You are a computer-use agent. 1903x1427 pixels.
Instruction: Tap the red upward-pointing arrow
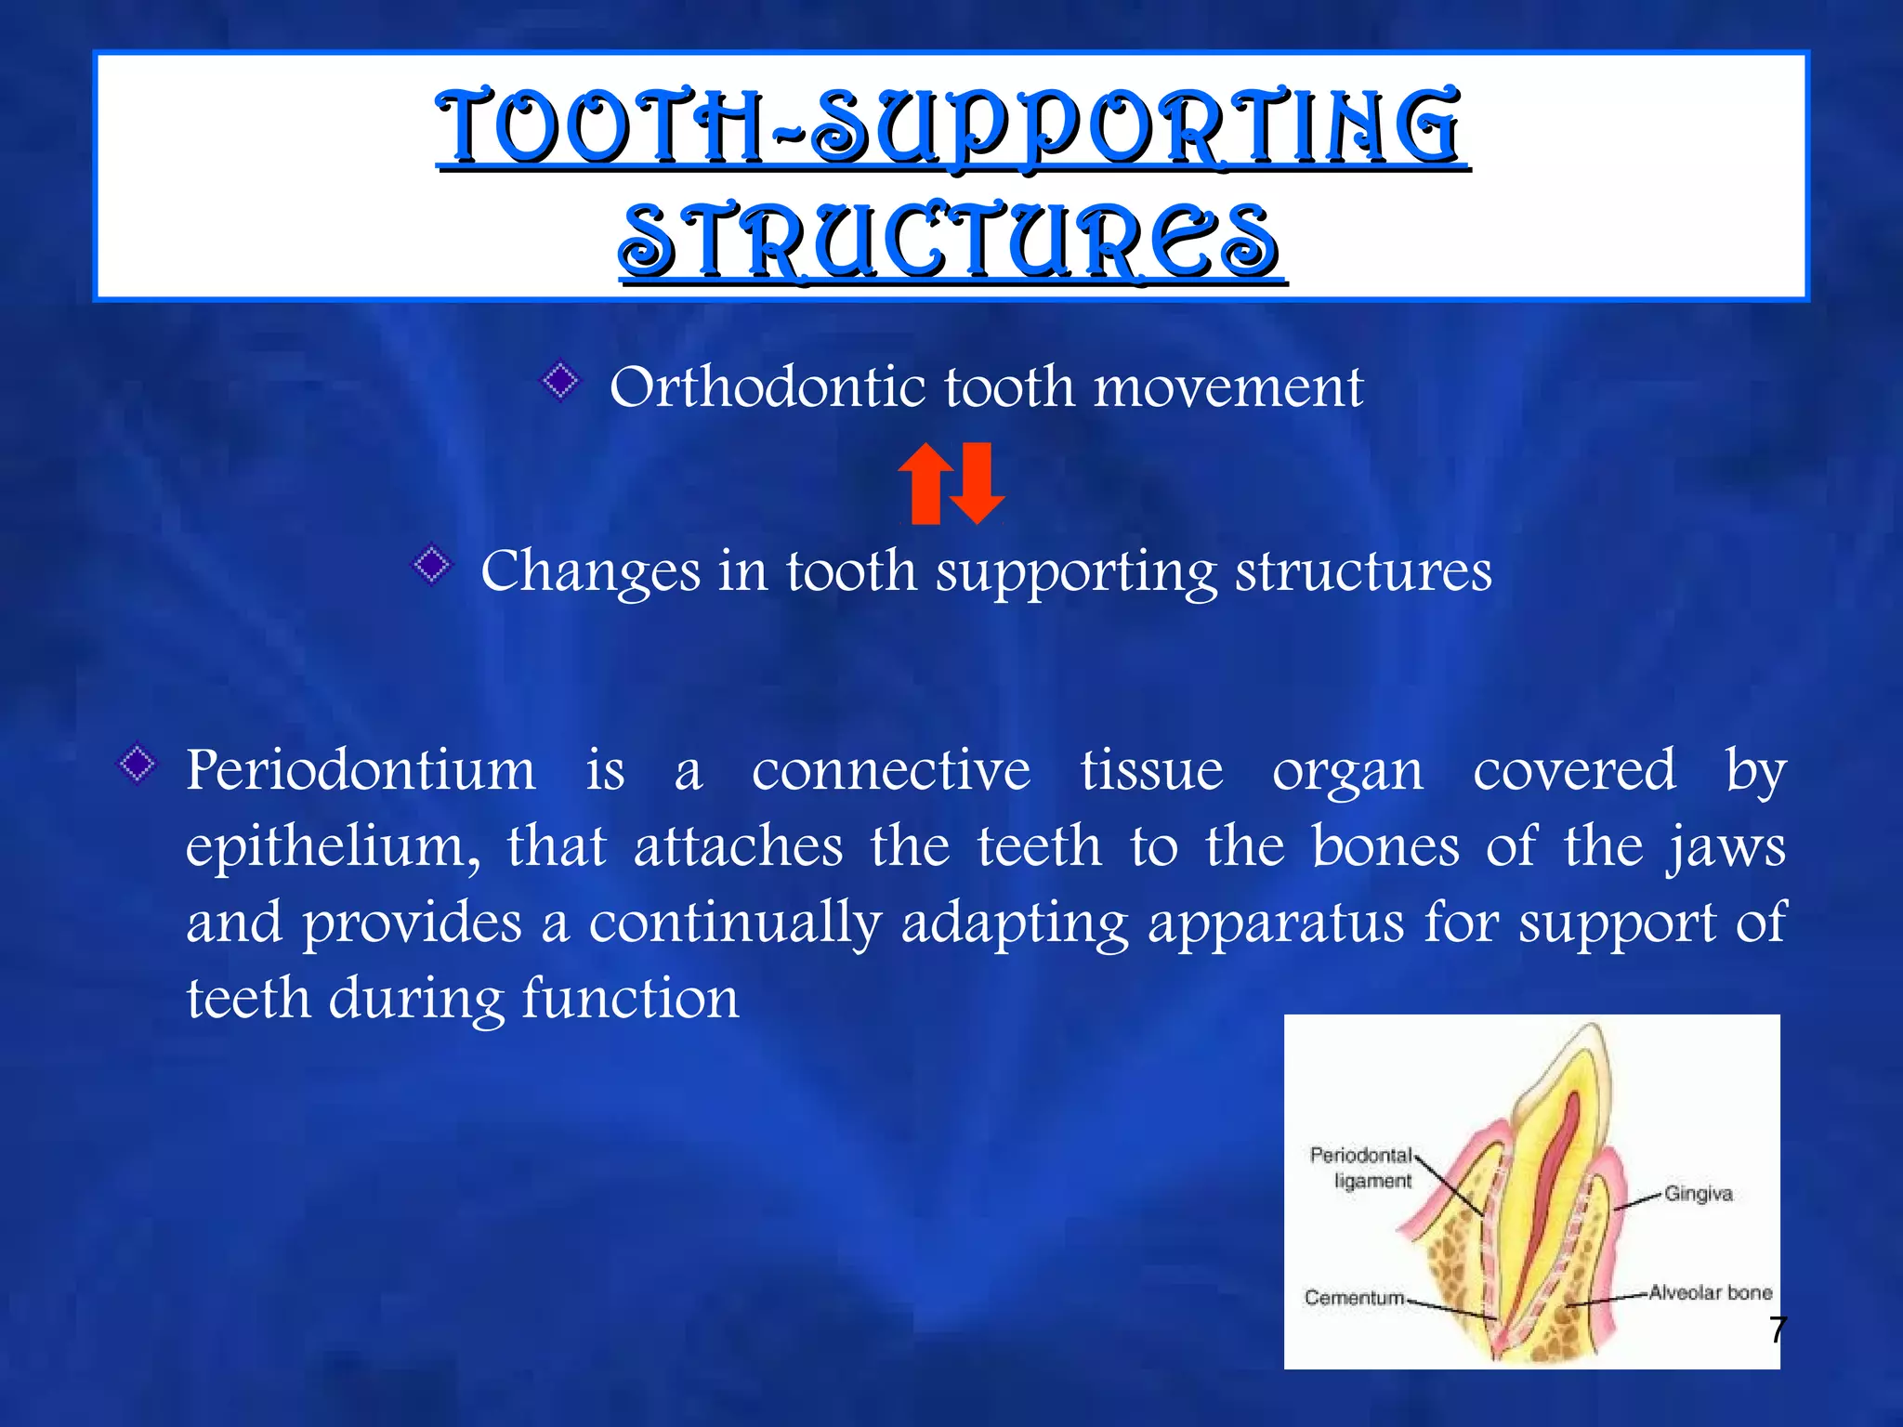click(925, 483)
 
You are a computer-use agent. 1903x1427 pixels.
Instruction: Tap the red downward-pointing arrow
click(978, 483)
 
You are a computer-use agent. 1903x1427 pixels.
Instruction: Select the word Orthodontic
click(767, 386)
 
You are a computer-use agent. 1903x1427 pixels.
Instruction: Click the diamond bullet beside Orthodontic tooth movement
click(560, 381)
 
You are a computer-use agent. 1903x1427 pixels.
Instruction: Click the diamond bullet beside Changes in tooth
click(432, 565)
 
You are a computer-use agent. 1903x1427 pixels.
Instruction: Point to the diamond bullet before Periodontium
click(138, 765)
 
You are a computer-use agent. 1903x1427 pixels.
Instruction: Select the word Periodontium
click(361, 771)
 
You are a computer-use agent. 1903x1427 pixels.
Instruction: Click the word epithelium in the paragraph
click(333, 847)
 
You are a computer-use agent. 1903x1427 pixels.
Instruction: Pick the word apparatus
click(1275, 923)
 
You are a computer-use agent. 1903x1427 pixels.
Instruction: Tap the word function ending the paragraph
click(630, 1000)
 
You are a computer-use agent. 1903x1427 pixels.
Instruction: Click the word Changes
click(590, 571)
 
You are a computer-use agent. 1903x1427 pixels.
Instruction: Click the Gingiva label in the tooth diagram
click(1698, 1194)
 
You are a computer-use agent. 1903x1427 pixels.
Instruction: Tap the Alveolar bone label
click(1710, 1292)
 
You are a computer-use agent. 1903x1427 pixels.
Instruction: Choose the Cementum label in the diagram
click(1354, 1297)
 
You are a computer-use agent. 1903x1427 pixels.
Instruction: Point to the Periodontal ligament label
click(1360, 1168)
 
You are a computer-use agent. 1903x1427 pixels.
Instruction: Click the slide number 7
click(1777, 1329)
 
